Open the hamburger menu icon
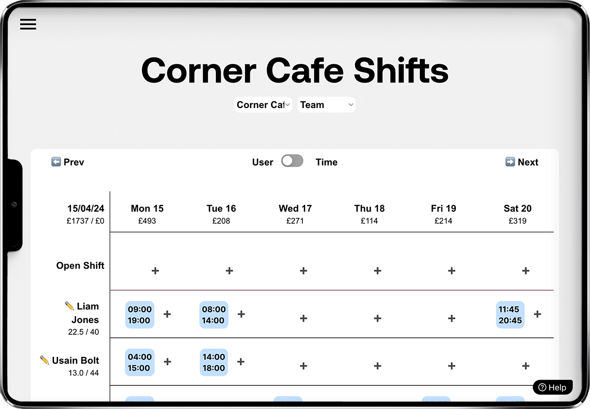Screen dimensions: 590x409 (x=28, y=24)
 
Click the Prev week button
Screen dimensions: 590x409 (x=68, y=162)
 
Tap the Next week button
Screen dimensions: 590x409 (x=522, y=162)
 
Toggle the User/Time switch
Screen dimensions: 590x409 (x=292, y=161)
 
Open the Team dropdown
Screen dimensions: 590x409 (x=326, y=105)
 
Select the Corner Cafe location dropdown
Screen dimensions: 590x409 (x=263, y=105)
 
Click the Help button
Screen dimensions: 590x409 (x=553, y=387)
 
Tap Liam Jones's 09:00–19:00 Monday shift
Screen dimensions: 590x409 (x=140, y=315)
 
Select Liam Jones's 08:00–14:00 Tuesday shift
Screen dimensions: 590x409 (x=213, y=315)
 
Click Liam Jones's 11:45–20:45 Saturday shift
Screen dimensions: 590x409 (x=510, y=315)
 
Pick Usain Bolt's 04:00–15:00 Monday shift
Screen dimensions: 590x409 (x=140, y=362)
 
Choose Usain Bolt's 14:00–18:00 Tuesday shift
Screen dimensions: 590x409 (x=213, y=362)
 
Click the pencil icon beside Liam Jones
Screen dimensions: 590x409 (x=69, y=305)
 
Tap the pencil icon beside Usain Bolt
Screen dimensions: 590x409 (x=45, y=360)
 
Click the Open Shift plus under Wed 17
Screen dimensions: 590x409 (x=303, y=271)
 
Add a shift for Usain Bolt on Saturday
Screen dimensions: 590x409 (x=526, y=366)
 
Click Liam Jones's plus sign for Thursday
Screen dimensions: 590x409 (x=378, y=318)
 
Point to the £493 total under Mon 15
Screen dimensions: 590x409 (x=147, y=220)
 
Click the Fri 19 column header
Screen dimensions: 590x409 (x=443, y=208)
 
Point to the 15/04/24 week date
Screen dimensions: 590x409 (x=86, y=208)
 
